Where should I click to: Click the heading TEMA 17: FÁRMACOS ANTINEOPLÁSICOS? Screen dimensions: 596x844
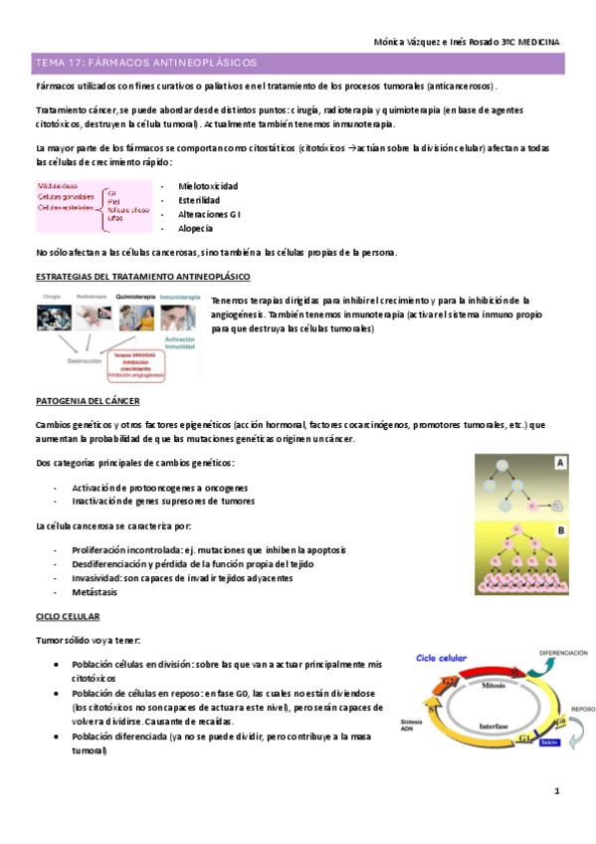[x=145, y=63]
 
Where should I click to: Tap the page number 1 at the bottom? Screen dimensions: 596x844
[x=557, y=791]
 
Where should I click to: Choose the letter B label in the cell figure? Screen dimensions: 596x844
[x=560, y=531]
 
